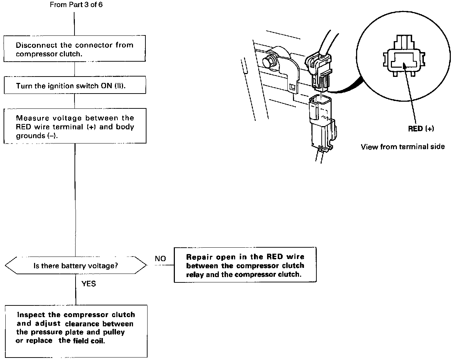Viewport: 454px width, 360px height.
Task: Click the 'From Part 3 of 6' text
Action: pyautogui.click(x=76, y=5)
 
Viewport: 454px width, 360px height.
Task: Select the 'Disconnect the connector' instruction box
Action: pyautogui.click(x=75, y=49)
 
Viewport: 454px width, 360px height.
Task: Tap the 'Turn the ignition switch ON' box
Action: pyautogui.click(x=75, y=85)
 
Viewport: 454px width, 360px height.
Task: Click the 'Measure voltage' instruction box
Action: pyautogui.click(x=75, y=126)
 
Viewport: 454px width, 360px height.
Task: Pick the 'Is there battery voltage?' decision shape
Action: pyautogui.click(x=76, y=265)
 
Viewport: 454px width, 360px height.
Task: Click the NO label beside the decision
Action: pyautogui.click(x=160, y=259)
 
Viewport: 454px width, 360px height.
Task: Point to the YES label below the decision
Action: pyautogui.click(x=89, y=284)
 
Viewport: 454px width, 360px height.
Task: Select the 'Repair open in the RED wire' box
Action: pyautogui.click(x=245, y=265)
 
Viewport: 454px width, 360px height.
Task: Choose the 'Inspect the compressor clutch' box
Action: pyautogui.click(x=76, y=331)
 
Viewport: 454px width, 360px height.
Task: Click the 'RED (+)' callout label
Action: pyautogui.click(x=421, y=129)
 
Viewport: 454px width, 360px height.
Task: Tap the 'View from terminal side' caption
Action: pyautogui.click(x=403, y=147)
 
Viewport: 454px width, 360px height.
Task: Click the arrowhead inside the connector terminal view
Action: pyautogui.click(x=404, y=65)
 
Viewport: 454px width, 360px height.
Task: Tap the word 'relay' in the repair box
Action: pyautogui.click(x=195, y=275)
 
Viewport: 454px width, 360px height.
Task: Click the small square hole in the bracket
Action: pyautogui.click(x=292, y=86)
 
